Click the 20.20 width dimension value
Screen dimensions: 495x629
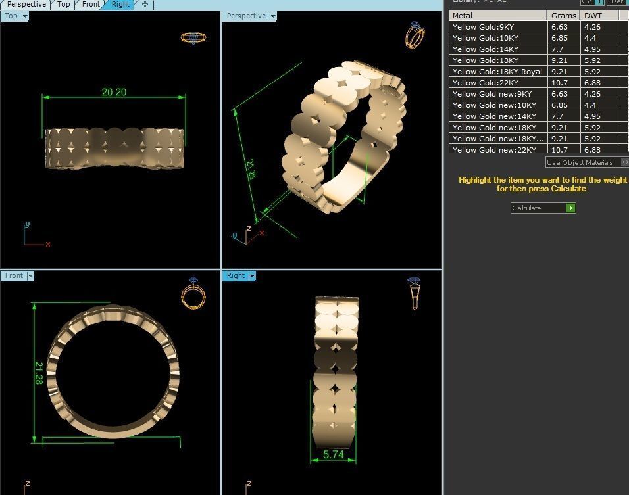(114, 92)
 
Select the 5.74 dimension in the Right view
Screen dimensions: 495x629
(333, 454)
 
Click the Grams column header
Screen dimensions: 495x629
(563, 16)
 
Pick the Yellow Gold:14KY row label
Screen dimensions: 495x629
(486, 49)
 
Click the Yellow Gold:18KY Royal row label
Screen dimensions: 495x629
(497, 72)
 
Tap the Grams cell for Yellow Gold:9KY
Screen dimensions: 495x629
(560, 27)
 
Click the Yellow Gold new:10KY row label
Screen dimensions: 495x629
(494, 105)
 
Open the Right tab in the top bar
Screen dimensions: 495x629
(120, 5)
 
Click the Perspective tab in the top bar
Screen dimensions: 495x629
(26, 5)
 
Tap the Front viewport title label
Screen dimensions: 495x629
(14, 276)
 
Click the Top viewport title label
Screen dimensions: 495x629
(11, 16)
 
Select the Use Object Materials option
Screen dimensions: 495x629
(580, 162)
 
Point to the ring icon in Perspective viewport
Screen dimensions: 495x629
(415, 35)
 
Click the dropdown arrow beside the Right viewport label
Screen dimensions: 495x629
(251, 276)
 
